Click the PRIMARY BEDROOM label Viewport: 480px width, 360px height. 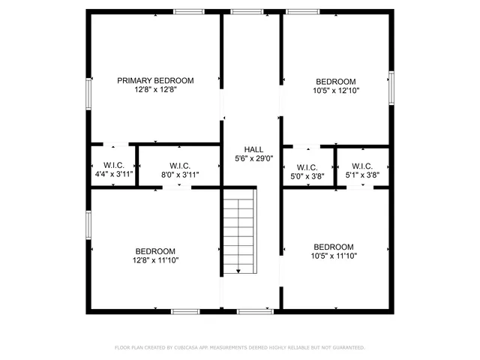tap(155, 80)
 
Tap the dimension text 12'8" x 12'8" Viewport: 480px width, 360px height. tap(155, 89)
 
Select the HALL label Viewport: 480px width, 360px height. tap(253, 149)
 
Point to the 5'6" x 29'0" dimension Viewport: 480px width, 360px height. tap(253, 158)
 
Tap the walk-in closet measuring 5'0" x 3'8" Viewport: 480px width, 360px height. tap(307, 172)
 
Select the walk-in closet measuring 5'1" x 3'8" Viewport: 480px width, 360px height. tap(362, 171)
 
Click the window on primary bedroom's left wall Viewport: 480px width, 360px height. tap(88, 94)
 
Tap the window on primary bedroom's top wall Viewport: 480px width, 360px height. tap(188, 11)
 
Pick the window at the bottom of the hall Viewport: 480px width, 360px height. tap(255, 310)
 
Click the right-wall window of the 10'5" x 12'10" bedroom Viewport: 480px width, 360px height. tap(391, 85)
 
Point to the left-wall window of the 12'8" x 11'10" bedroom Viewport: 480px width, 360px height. tap(88, 223)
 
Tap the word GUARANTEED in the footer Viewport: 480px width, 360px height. tap(346, 348)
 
